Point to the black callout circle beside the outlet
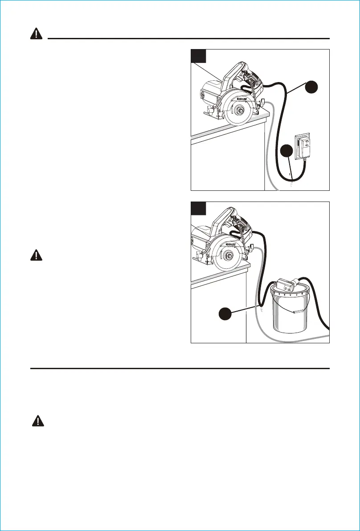pyautogui.click(x=287, y=152)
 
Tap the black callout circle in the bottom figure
pyautogui.click(x=227, y=314)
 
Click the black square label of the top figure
pyautogui.click(x=198, y=56)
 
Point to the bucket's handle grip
pyautogui.click(x=295, y=312)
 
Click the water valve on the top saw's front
pyautogui.click(x=263, y=102)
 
